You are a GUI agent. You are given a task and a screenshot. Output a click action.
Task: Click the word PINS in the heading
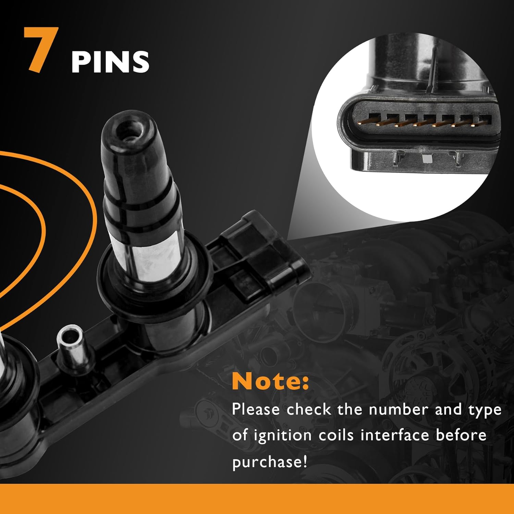point(110,62)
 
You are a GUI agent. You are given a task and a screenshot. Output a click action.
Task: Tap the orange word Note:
point(270,381)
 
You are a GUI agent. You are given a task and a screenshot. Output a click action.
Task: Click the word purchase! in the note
point(270,462)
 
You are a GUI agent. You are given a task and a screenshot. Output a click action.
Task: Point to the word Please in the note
point(256,409)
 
